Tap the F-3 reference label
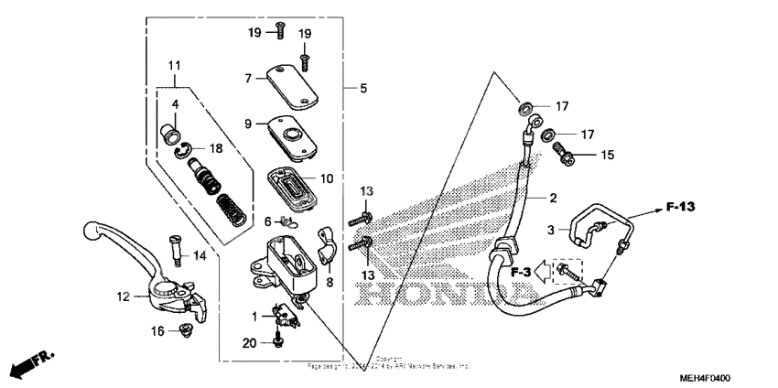(x=522, y=271)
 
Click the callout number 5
(x=362, y=89)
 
